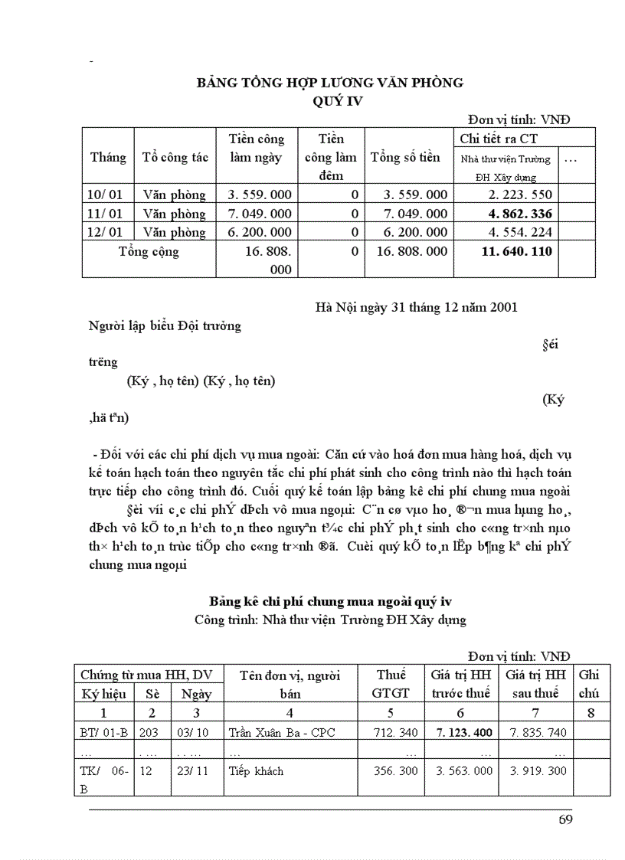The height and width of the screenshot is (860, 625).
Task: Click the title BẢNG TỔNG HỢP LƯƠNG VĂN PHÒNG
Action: point(329,83)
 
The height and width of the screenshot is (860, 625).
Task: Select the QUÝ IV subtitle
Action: point(329,100)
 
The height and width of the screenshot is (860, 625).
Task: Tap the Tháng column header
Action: point(108,158)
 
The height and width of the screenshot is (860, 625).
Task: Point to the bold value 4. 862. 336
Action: point(520,214)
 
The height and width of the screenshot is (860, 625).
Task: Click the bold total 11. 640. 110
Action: point(517,251)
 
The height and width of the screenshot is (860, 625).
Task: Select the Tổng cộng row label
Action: point(149,251)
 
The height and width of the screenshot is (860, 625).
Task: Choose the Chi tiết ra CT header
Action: point(498,139)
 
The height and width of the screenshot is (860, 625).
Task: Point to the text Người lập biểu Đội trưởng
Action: point(165,325)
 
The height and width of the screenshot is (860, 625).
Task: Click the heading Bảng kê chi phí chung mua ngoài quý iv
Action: point(330,600)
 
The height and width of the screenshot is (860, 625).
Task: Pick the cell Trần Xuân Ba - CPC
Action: point(282,732)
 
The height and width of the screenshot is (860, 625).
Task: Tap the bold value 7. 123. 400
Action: point(464,732)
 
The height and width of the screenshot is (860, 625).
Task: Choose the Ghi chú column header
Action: point(589,684)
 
